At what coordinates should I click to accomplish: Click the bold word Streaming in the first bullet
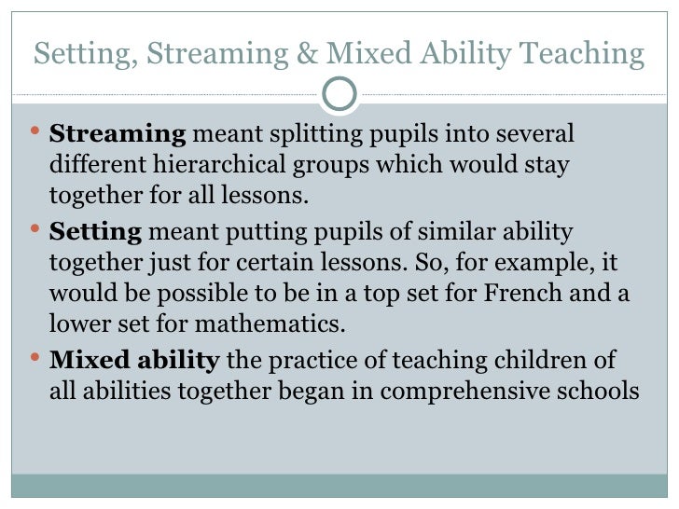117,135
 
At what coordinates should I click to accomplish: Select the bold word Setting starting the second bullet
94,231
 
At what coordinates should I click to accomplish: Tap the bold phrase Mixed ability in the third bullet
133,360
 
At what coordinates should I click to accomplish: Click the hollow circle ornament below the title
339,92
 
